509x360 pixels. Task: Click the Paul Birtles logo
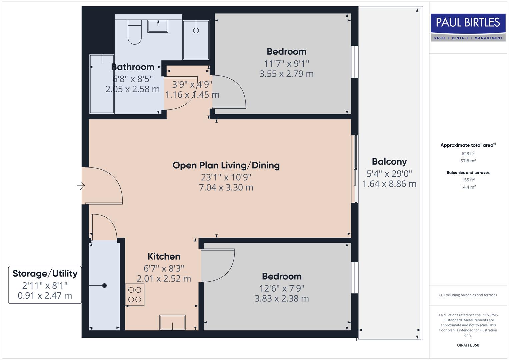[468, 27]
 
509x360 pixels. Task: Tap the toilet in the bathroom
[135, 32]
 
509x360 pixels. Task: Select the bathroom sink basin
[158, 26]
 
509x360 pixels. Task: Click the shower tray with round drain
[196, 40]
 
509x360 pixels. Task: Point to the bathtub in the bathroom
[102, 84]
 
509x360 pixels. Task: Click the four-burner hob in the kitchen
[135, 295]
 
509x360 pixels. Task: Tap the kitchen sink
[172, 322]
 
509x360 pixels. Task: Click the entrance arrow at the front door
[81, 186]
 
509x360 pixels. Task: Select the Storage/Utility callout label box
[45, 285]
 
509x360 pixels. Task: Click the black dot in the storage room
[104, 286]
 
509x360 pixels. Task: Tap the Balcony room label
[389, 162]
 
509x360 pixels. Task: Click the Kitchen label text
[164, 256]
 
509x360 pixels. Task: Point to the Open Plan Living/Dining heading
[226, 165]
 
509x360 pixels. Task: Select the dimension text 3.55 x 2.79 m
[286, 74]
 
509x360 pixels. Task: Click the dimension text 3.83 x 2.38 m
[282, 298]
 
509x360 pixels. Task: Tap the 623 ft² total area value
[468, 154]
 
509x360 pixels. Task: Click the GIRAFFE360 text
[468, 345]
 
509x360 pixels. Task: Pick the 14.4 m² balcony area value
[468, 187]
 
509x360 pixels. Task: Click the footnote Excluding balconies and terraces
[468, 295]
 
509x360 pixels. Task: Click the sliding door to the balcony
[355, 169]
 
